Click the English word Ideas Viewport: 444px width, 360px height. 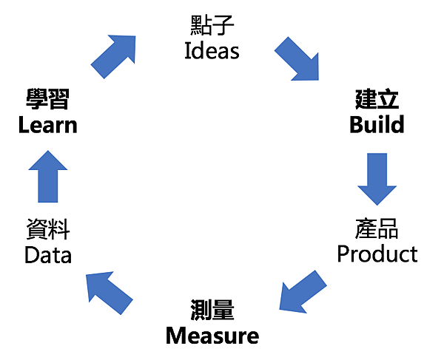pyautogui.click(x=212, y=51)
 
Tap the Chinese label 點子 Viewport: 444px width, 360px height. pyautogui.click(x=212, y=26)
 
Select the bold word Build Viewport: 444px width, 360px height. pyautogui.click(x=377, y=124)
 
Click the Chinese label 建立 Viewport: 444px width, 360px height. pyautogui.click(x=377, y=99)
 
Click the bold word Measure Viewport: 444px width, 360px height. pyautogui.click(x=212, y=336)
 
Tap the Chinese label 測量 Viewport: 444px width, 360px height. pyautogui.click(x=212, y=310)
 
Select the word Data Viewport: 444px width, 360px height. pyautogui.click(x=48, y=255)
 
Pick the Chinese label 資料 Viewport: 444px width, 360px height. pyautogui.click(x=48, y=230)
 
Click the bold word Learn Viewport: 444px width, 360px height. pyautogui.click(x=48, y=124)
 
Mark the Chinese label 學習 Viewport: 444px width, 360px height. pyautogui.click(x=48, y=99)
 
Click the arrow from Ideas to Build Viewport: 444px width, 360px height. pyautogui.click(x=297, y=58)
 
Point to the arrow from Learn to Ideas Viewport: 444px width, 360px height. pyautogui.click(x=114, y=56)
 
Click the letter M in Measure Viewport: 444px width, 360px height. pyautogui.click(x=175, y=336)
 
